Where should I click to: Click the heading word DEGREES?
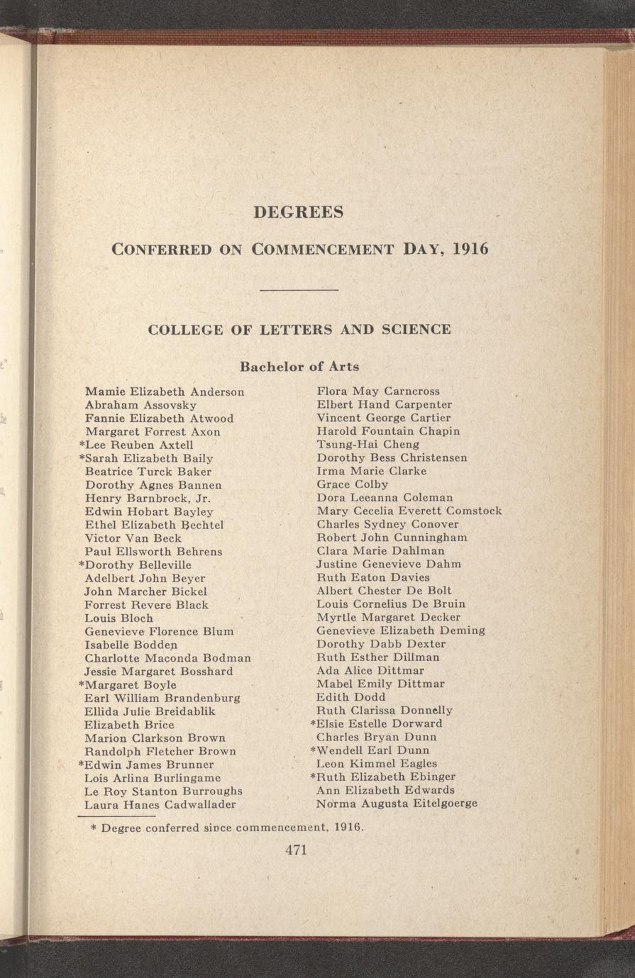pos(298,212)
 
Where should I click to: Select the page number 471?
pos(295,850)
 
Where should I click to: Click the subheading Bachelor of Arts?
pos(299,367)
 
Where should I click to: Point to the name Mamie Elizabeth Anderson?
pos(165,391)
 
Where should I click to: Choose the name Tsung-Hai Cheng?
pos(368,445)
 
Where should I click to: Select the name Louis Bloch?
pos(118,618)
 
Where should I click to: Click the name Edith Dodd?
pos(347,697)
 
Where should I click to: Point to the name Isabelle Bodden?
pos(131,645)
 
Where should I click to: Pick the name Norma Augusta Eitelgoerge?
pos(397,804)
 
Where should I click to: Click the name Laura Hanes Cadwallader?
pos(160,805)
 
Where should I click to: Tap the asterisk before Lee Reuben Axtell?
pos(82,445)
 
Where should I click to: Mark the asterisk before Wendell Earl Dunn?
pos(313,750)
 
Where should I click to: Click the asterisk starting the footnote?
pos(94,828)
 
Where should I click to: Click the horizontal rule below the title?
pos(299,289)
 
